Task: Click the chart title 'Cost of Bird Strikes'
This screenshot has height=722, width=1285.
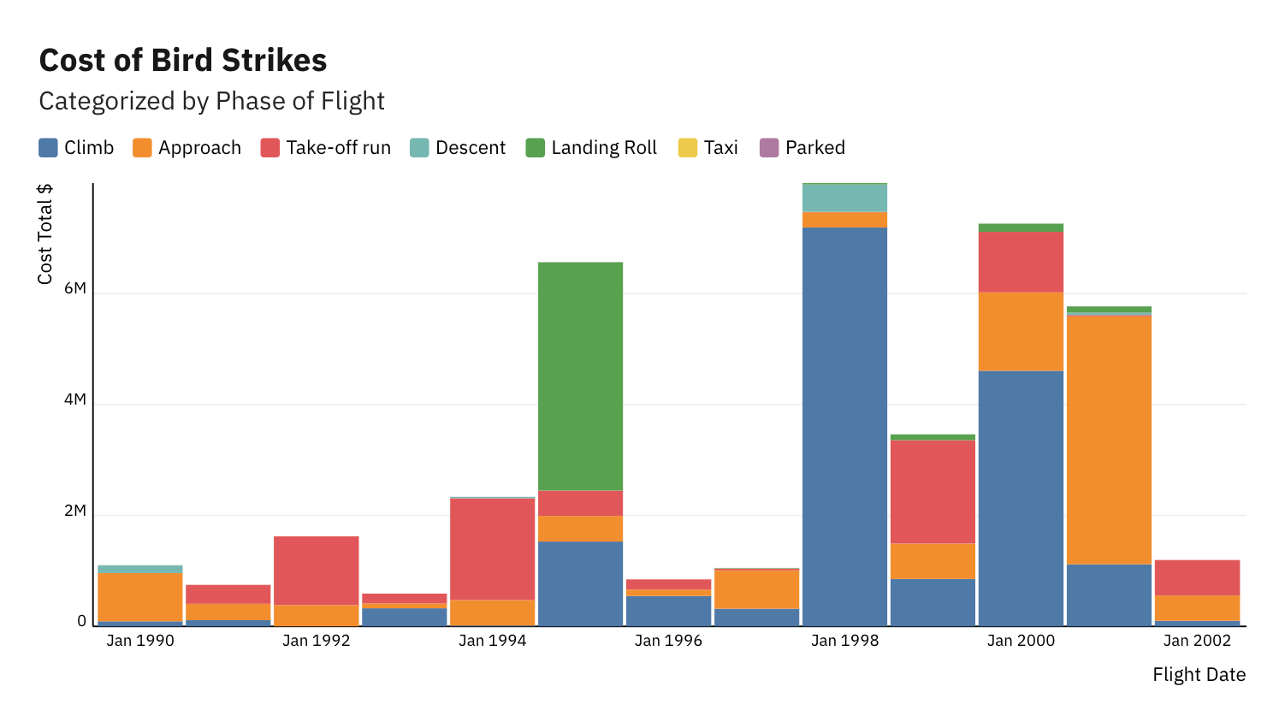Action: (x=183, y=61)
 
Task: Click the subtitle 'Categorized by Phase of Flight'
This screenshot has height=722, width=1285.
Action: (x=211, y=101)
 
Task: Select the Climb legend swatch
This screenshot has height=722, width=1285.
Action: (x=49, y=148)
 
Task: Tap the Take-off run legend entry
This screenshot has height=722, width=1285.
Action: (x=325, y=148)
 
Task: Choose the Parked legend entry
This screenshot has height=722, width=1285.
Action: (x=802, y=148)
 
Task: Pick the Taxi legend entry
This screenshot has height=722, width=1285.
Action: (x=708, y=148)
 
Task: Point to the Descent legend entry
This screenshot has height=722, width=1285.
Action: (x=458, y=148)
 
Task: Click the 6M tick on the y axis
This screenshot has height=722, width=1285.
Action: (x=75, y=288)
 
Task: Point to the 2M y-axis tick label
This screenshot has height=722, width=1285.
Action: (x=75, y=511)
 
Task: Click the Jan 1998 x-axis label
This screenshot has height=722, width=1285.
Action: (x=844, y=641)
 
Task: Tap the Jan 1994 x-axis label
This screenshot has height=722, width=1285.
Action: (x=492, y=641)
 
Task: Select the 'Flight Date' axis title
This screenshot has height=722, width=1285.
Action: (x=1199, y=675)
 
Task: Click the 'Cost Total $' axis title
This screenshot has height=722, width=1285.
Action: (x=45, y=234)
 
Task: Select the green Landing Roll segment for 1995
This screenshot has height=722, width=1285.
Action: (x=580, y=376)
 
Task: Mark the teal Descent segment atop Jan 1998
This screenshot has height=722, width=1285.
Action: (x=844, y=198)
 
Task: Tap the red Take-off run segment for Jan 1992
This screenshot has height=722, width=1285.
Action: (x=317, y=571)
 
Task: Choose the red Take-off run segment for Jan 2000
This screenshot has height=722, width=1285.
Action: (x=1021, y=262)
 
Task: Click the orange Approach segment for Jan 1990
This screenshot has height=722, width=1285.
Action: (x=140, y=597)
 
